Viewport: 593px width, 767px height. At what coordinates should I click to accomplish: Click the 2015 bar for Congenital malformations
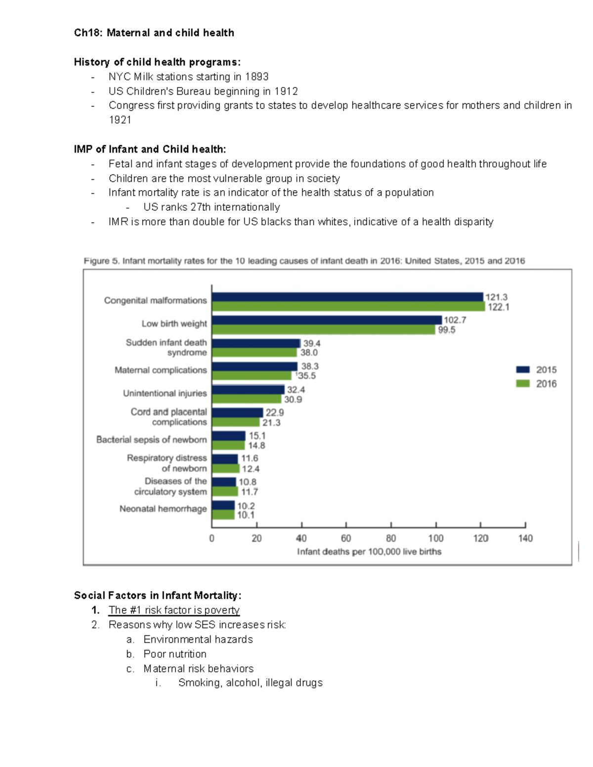347,297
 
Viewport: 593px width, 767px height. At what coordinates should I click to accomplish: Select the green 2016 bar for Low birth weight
324,330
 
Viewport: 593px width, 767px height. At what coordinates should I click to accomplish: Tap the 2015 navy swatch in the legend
523,369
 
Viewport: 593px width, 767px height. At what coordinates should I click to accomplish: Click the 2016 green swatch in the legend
523,384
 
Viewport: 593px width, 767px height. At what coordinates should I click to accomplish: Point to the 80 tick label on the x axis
391,538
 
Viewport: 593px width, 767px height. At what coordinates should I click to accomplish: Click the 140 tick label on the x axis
525,538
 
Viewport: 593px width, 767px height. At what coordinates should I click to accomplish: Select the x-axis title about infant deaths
369,552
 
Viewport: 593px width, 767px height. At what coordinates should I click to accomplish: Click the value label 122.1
498,307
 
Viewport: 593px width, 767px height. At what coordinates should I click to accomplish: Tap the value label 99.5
447,330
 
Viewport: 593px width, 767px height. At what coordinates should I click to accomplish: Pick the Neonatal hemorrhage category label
163,509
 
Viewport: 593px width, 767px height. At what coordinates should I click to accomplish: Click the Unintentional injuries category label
165,393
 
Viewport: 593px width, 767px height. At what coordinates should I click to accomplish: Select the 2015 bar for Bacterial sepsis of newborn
229,436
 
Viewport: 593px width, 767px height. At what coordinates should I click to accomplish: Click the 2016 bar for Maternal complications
252,375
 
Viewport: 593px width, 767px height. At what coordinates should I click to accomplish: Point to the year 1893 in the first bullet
257,77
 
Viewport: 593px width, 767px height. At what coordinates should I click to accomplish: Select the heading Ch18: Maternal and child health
154,33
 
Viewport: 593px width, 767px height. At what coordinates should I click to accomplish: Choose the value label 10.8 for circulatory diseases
248,482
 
